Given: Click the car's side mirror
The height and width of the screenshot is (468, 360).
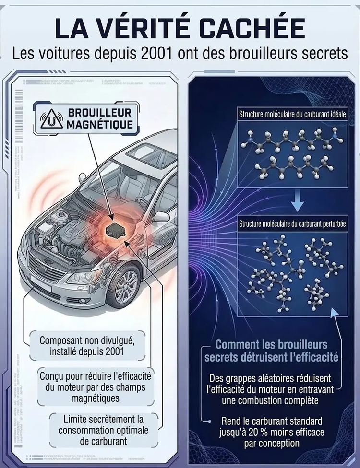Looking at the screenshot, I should point(161,216).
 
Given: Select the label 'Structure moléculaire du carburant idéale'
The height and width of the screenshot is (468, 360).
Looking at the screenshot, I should point(292,115).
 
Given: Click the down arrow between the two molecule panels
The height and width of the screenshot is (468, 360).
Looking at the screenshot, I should point(298,201).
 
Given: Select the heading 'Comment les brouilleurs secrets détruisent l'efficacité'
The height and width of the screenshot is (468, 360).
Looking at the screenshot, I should point(271,351).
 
